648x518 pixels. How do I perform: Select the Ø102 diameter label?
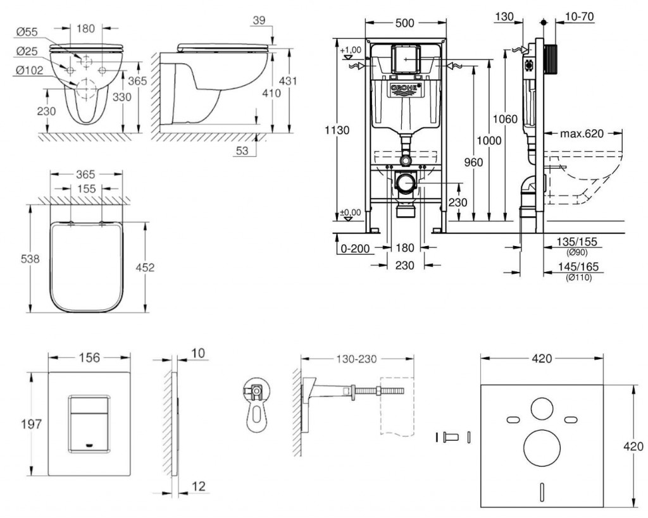[28, 71]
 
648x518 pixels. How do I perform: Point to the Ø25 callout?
[26, 51]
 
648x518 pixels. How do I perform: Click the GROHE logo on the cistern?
[406, 89]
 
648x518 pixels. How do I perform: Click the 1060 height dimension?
[506, 118]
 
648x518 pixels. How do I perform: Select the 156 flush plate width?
[89, 358]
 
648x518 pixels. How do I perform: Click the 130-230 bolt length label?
[357, 359]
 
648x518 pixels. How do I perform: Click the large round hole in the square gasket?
[542, 447]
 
